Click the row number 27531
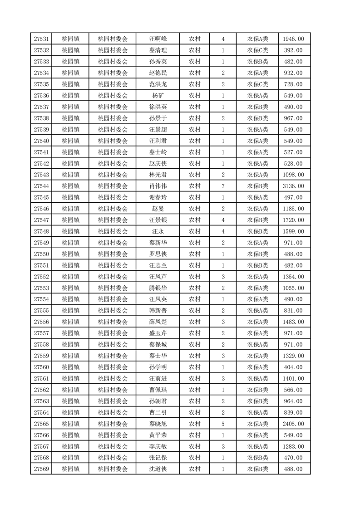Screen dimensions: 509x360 [x=41, y=39]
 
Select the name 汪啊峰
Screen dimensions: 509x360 [x=158, y=39]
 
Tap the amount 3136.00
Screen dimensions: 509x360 [x=294, y=186]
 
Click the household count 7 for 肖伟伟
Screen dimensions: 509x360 [x=223, y=186]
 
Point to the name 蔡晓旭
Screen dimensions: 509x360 [x=158, y=424]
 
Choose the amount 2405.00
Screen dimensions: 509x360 [x=294, y=424]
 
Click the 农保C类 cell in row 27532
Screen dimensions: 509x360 [x=257, y=50]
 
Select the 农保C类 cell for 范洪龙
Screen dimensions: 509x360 [x=257, y=84]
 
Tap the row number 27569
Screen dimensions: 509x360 [x=41, y=469]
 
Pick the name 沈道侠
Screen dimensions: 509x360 [x=158, y=469]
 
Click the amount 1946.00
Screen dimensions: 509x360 [x=294, y=39]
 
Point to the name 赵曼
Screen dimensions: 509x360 [x=158, y=209]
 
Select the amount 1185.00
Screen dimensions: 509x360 [x=294, y=209]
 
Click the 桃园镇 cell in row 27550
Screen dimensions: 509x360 [x=70, y=254]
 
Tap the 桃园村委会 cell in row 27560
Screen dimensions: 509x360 [x=113, y=367]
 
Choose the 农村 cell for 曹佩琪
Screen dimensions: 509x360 [x=194, y=390]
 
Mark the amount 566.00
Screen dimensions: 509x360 [x=294, y=390]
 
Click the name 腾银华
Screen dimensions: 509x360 [x=158, y=288]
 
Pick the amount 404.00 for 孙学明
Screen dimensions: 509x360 [x=294, y=367]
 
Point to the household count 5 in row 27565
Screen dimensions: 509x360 [x=223, y=424]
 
